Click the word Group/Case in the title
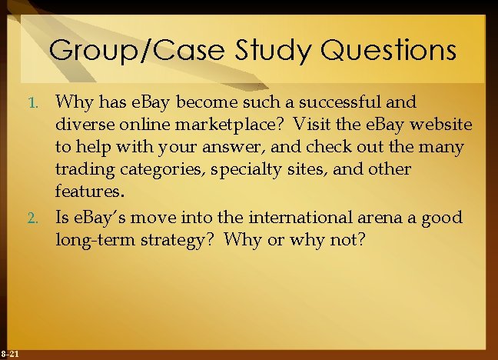126,51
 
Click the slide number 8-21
11,353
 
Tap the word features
88,191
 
